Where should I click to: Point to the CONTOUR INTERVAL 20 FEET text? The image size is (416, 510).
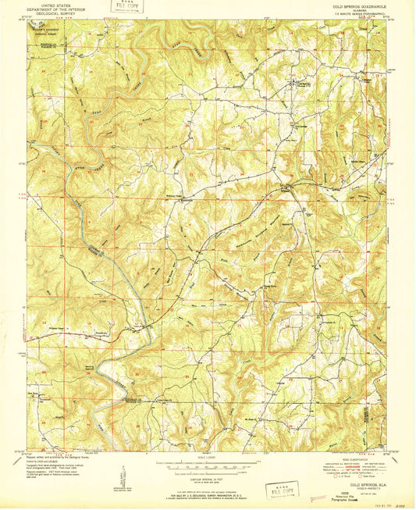click(x=208, y=469)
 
